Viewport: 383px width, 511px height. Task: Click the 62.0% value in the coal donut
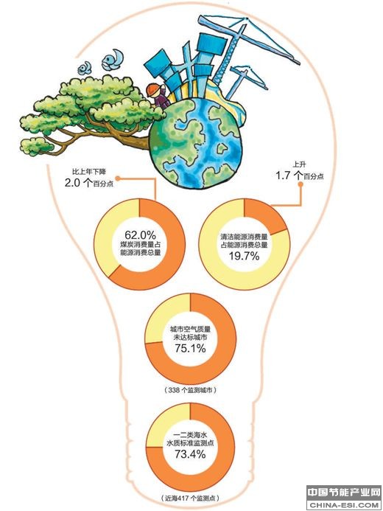[x=140, y=235]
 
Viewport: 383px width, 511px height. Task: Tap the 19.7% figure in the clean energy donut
[x=244, y=256]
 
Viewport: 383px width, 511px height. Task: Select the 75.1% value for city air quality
[x=190, y=348]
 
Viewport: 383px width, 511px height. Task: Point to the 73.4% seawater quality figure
[x=190, y=453]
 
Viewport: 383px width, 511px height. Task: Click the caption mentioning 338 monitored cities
[x=190, y=390]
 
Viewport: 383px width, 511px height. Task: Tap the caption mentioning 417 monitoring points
[x=190, y=498]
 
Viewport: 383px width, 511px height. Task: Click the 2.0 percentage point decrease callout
[x=89, y=179]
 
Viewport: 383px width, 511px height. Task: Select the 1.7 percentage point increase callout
[x=300, y=172]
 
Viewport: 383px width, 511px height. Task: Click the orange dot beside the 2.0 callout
[x=118, y=178]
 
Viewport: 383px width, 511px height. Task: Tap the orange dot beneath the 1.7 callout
[x=301, y=184]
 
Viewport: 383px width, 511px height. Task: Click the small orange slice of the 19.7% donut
[x=263, y=215]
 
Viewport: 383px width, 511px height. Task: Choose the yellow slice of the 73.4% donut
[x=166, y=424]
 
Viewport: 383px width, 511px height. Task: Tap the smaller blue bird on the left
[x=85, y=68]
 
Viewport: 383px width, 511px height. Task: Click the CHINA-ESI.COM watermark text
[x=344, y=505]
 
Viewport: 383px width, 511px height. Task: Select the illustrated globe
[x=195, y=143]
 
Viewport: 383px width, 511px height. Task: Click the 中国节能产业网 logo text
[x=344, y=492]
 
